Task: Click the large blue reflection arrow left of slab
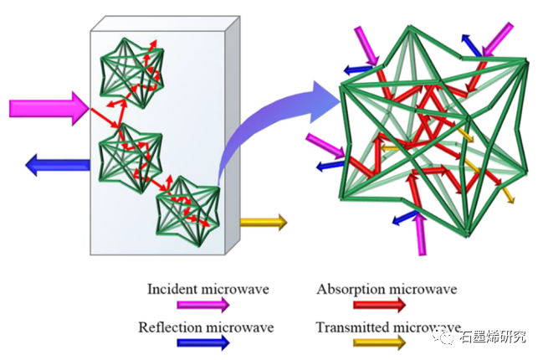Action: click(x=58, y=164)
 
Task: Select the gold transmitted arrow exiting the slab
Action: click(x=263, y=222)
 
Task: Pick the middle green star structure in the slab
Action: click(x=125, y=155)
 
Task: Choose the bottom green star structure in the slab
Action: click(x=188, y=211)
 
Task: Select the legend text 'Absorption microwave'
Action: click(x=387, y=290)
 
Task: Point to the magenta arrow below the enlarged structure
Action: click(x=422, y=234)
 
